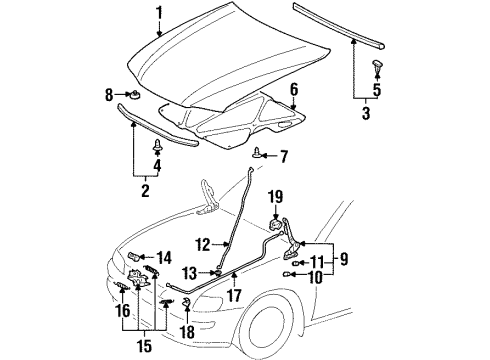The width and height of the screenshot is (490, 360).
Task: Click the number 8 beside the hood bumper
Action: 108,95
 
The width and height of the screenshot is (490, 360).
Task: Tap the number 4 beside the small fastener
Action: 156,165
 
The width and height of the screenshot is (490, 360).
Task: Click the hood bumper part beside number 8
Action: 131,96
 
